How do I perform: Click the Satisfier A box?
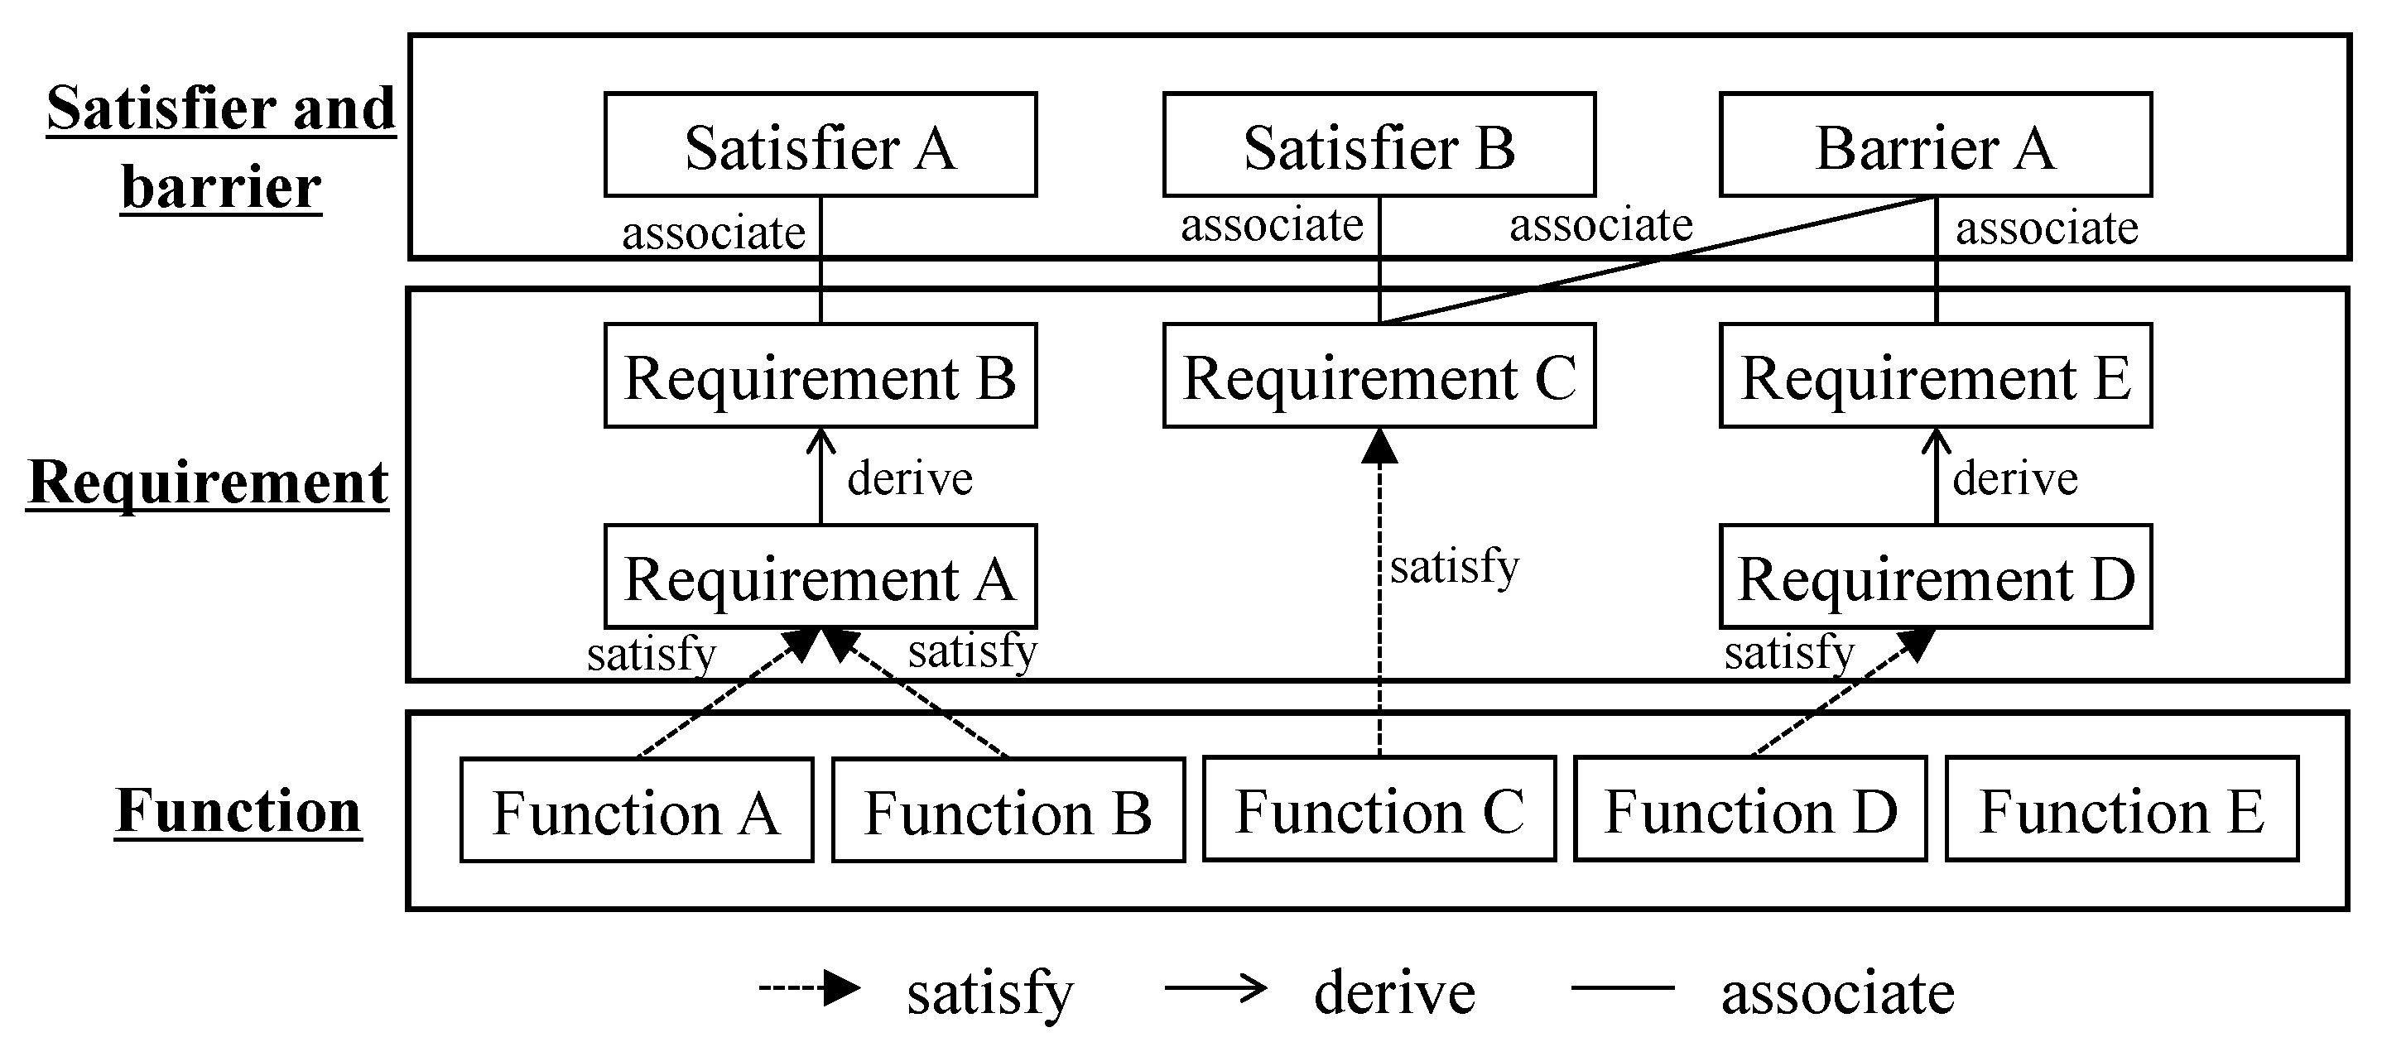(x=820, y=145)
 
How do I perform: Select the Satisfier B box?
(x=1379, y=145)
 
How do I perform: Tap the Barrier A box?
(x=1936, y=145)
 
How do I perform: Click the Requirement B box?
(x=820, y=377)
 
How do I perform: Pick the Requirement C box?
(x=1379, y=377)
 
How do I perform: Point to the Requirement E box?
(x=1936, y=377)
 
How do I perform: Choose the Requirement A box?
(x=820, y=578)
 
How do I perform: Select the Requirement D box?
(x=1936, y=578)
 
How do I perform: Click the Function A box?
(x=636, y=811)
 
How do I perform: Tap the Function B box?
(x=1008, y=811)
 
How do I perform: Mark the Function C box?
(x=1379, y=811)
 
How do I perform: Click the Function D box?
(x=1750, y=811)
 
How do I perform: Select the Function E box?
(x=2122, y=811)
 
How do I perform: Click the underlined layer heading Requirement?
(x=208, y=482)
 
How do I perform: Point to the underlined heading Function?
(x=238, y=811)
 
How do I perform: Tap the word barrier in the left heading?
(x=221, y=188)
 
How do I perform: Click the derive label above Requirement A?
(x=910, y=479)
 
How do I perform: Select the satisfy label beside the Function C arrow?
(x=1454, y=566)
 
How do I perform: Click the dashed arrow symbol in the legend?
(x=809, y=988)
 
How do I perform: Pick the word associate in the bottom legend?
(x=1837, y=993)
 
